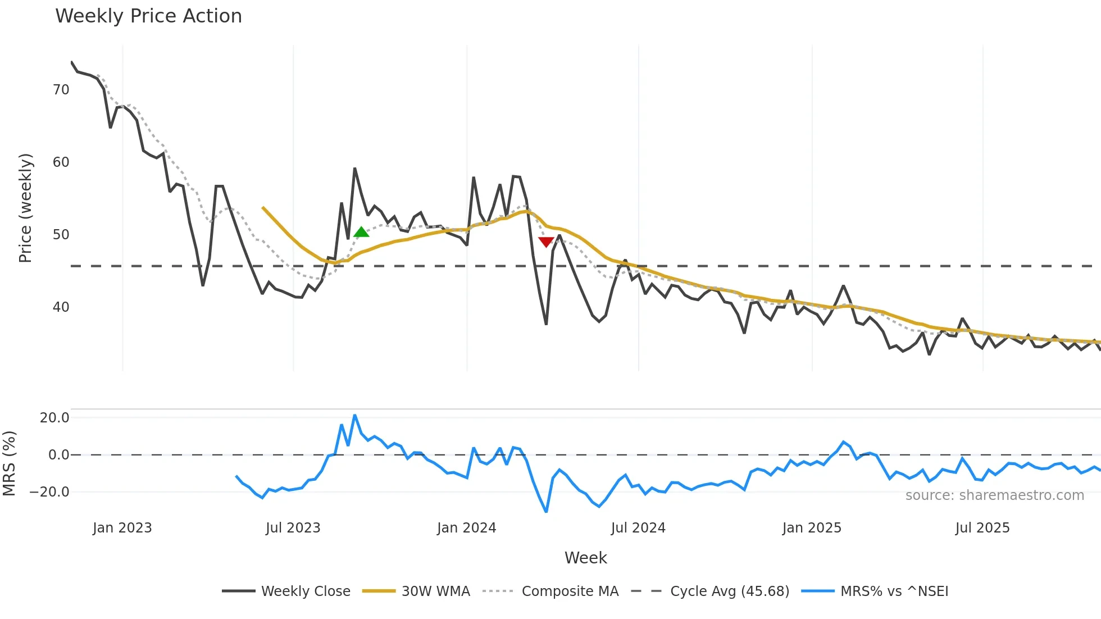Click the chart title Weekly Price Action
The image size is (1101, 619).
click(x=148, y=16)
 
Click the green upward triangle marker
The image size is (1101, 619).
click(x=361, y=231)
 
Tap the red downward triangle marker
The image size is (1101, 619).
click(x=546, y=242)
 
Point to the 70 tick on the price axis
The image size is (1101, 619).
click(x=61, y=90)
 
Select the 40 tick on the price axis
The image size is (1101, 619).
click(x=61, y=307)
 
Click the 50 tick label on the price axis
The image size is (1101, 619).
click(x=61, y=235)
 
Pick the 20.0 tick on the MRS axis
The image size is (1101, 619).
click(x=54, y=418)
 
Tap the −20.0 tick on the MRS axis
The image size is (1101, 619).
click(x=49, y=492)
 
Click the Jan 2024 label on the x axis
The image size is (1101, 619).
click(x=466, y=528)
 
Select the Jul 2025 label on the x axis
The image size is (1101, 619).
click(x=982, y=528)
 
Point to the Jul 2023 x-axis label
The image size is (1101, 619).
click(x=293, y=528)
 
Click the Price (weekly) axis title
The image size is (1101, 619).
click(x=25, y=208)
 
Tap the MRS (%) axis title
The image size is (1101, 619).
click(x=9, y=463)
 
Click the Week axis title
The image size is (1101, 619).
click(x=585, y=558)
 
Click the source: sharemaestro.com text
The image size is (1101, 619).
click(x=994, y=495)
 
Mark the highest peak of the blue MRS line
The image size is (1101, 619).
click(x=354, y=415)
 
